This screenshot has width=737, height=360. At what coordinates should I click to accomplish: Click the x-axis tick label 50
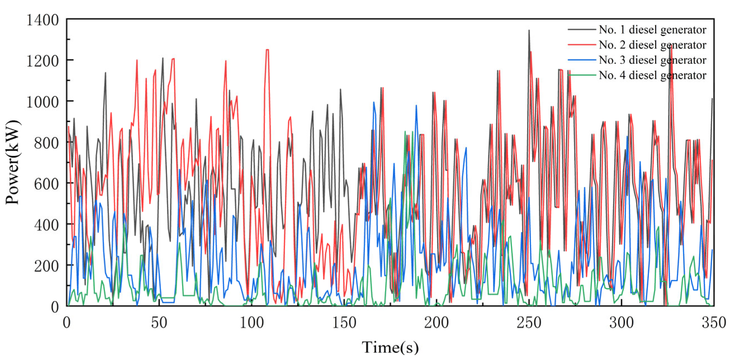(x=159, y=323)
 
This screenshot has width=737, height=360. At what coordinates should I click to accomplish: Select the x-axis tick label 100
(x=252, y=323)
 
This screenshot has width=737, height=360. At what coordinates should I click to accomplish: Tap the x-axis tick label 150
(x=344, y=323)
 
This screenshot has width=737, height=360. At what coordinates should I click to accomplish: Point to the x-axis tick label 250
(x=529, y=323)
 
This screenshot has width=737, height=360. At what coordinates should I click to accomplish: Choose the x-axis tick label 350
(x=714, y=323)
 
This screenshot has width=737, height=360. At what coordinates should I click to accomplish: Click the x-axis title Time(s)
(x=390, y=347)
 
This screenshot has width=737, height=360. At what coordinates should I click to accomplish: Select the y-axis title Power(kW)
(x=13, y=163)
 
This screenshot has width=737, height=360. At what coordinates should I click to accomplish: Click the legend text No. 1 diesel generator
(x=652, y=30)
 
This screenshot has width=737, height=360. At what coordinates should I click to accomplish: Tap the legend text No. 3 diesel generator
(x=652, y=60)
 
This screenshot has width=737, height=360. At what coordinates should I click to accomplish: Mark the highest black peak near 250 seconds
(x=529, y=31)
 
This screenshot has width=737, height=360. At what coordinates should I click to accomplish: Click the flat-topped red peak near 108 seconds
(x=267, y=50)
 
